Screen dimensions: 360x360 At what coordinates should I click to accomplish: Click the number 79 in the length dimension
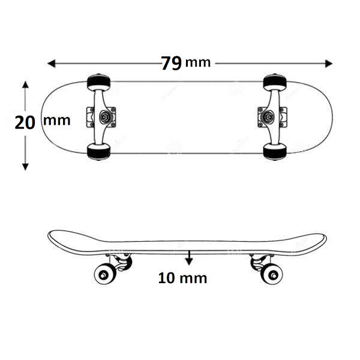click(171, 63)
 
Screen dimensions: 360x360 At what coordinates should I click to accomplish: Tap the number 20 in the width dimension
click(25, 122)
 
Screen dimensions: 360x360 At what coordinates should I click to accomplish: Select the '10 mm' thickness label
click(182, 278)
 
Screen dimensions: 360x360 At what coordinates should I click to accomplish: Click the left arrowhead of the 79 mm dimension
click(51, 64)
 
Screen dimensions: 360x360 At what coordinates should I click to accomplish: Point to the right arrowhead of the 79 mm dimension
click(329, 64)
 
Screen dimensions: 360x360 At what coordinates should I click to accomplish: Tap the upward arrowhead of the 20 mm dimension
click(25, 85)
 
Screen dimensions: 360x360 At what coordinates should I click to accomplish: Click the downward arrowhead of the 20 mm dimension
click(25, 167)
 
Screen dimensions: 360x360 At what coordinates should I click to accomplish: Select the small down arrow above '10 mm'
click(189, 258)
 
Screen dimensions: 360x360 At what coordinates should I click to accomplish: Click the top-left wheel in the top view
click(99, 82)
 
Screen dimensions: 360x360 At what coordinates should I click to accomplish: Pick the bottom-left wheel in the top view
click(99, 152)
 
